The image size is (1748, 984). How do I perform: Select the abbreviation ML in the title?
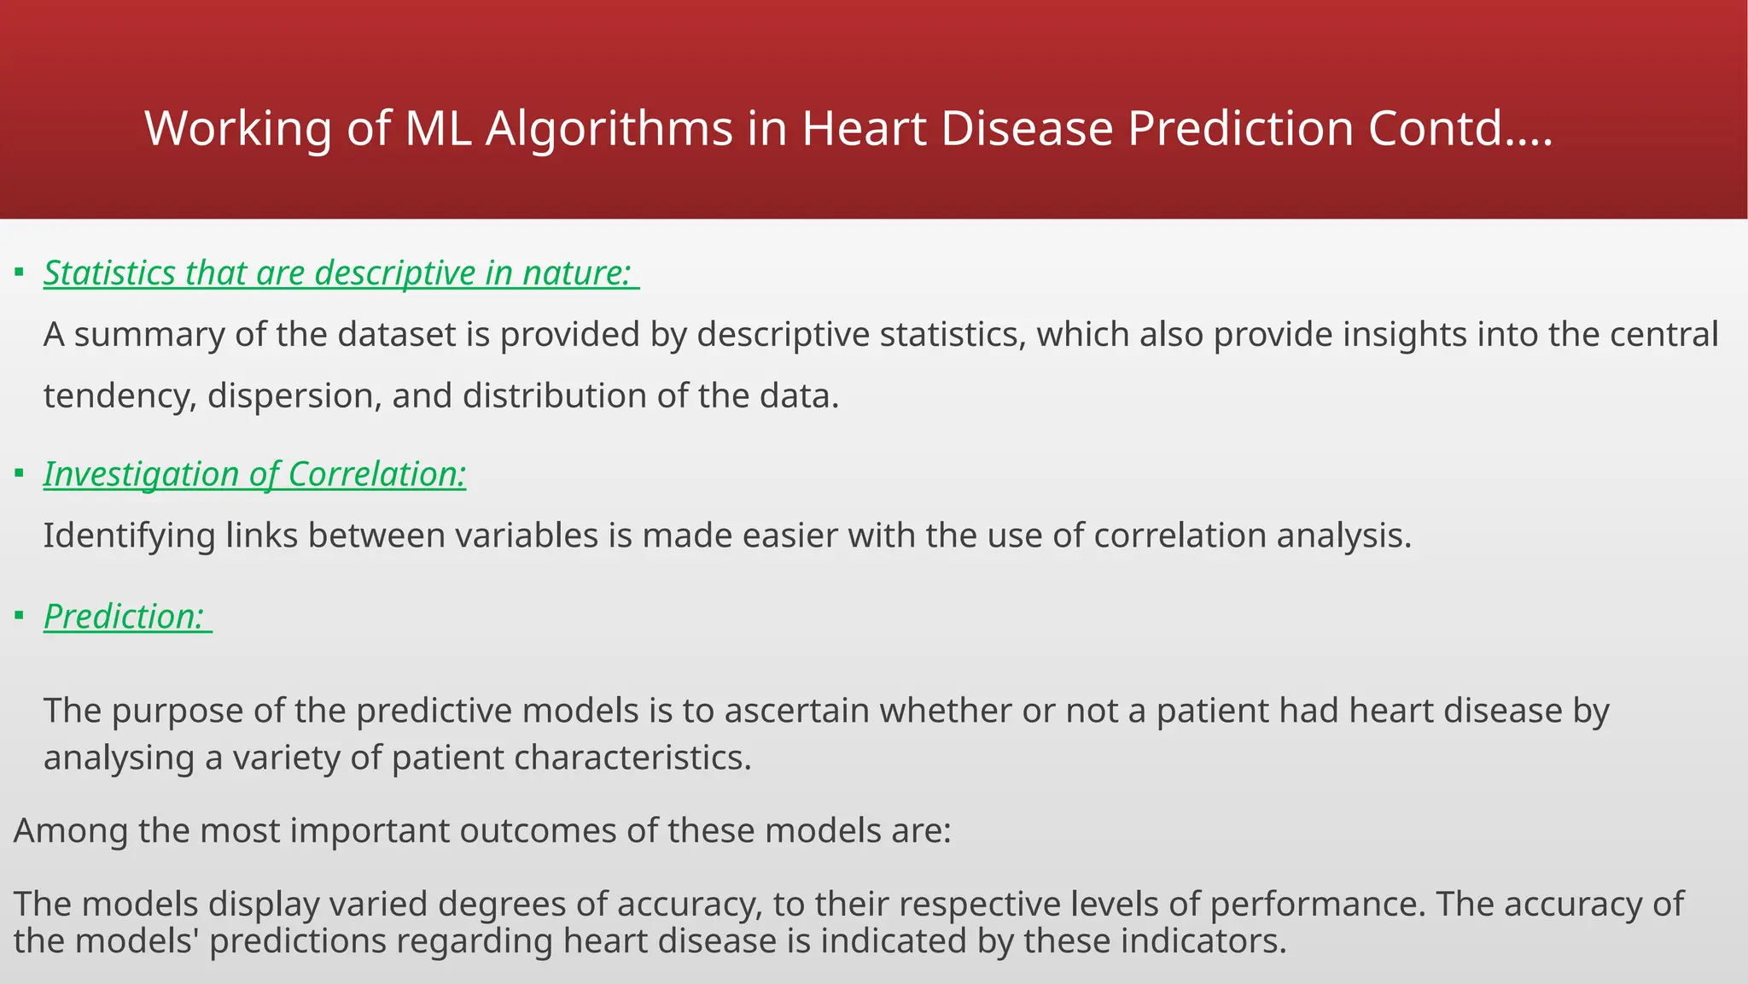437,129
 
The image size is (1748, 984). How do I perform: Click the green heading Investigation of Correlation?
254,474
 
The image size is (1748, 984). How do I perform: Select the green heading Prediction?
125,617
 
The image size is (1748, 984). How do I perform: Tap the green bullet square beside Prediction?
20,615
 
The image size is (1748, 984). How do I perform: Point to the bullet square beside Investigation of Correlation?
20,472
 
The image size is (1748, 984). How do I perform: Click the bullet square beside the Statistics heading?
20,272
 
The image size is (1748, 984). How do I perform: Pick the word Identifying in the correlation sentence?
129,536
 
